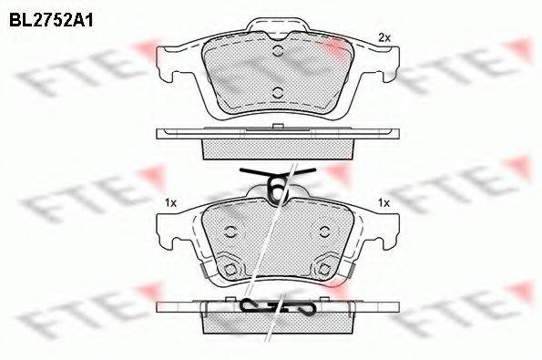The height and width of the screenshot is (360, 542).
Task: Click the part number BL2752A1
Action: tap(51, 21)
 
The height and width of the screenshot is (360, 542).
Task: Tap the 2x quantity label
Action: tap(384, 37)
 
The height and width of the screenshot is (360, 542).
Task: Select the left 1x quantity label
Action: tap(170, 203)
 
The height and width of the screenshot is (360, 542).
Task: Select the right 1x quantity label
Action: tap(383, 203)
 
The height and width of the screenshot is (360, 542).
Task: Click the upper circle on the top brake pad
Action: tap(278, 51)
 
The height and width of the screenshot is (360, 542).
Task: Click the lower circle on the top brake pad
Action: tap(278, 93)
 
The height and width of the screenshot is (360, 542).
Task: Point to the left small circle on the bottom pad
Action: tap(230, 231)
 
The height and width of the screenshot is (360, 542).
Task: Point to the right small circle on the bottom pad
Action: tap(324, 231)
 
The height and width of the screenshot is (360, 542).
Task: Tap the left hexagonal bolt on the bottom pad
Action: tap(230, 269)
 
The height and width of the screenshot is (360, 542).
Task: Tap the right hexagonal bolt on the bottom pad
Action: tap(324, 269)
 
